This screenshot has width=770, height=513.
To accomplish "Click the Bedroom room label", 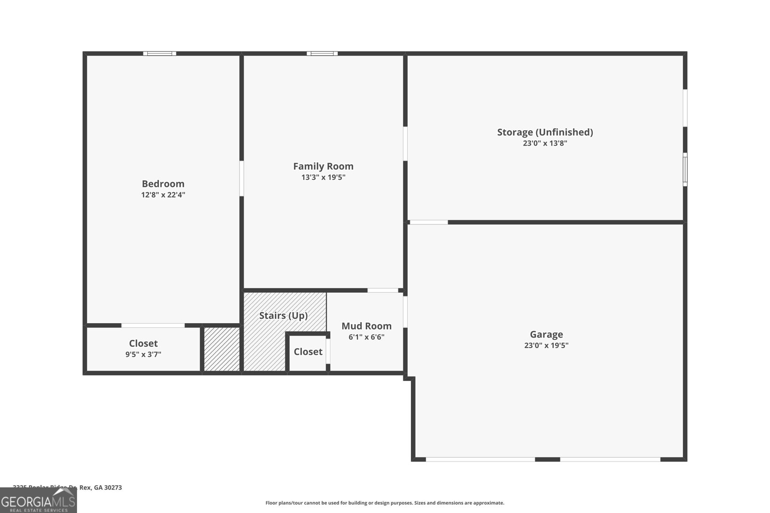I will [x=163, y=184].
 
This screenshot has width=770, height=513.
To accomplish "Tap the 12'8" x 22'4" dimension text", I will [x=163, y=195].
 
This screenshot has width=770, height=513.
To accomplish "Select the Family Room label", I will [x=323, y=166].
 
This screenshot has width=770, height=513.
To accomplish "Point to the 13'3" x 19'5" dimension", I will [x=323, y=177].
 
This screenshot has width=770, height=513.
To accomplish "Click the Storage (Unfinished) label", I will [x=545, y=132].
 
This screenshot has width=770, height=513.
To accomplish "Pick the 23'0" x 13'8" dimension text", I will [x=545, y=143].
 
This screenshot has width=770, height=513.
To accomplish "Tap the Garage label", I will [x=546, y=334].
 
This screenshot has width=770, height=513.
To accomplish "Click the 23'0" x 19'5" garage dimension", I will [x=546, y=345].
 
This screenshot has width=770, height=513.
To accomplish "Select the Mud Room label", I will [x=366, y=326].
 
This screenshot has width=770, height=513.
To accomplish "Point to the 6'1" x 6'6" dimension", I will [x=366, y=337].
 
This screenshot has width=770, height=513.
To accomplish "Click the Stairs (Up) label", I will [x=283, y=316].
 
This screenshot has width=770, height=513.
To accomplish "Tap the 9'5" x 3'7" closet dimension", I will [x=143, y=354].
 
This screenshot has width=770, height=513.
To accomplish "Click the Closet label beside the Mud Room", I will [x=308, y=352].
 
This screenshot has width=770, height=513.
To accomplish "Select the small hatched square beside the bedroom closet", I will [x=222, y=350].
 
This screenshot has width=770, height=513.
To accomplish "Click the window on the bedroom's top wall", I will [x=159, y=53].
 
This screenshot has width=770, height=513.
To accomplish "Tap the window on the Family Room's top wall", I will [x=322, y=53].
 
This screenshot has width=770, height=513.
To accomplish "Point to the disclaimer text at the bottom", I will [x=385, y=503].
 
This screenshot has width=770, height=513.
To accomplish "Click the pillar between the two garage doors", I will [x=547, y=459].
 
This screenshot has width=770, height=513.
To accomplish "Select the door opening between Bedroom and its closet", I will [x=153, y=325].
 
